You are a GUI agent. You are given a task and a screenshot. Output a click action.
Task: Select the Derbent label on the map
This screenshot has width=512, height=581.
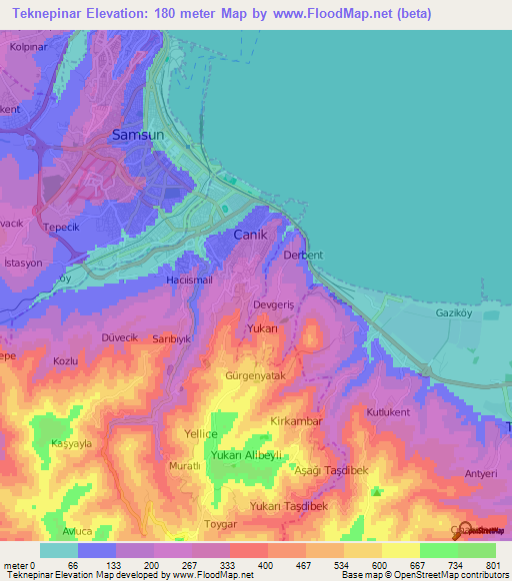tap(303, 256)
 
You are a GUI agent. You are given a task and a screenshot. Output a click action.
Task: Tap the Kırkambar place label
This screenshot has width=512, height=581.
tap(296, 422)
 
